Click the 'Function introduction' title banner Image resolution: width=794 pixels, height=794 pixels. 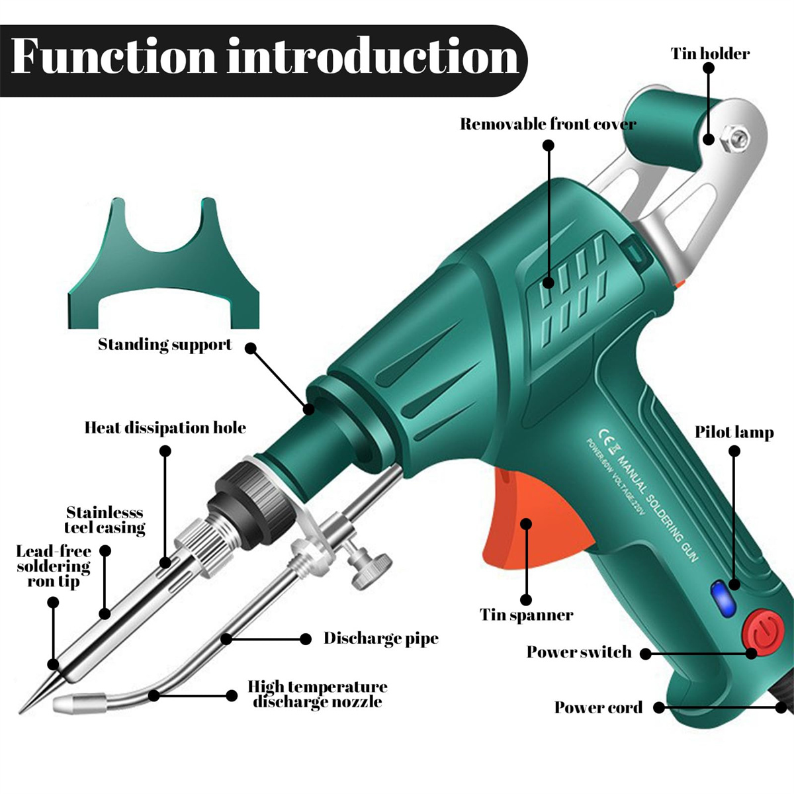point(264,61)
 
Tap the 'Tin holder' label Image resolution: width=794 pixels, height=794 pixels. point(710,54)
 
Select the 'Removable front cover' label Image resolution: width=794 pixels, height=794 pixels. point(548,124)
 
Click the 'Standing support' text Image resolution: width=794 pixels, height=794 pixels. point(165,345)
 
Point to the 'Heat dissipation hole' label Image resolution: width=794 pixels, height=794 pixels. point(165,427)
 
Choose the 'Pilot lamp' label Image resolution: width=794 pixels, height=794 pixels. point(734,432)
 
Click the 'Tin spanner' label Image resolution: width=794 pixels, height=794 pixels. point(526,615)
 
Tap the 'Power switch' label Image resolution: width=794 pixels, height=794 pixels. point(579,652)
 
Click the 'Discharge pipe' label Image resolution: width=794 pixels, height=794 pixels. point(381,639)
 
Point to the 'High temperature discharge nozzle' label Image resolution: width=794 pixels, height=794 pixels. point(318,694)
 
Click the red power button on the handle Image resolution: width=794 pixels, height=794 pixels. point(763,632)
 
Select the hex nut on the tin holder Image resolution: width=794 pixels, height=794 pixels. point(734,138)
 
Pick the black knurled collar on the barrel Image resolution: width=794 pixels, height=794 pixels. point(252,505)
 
